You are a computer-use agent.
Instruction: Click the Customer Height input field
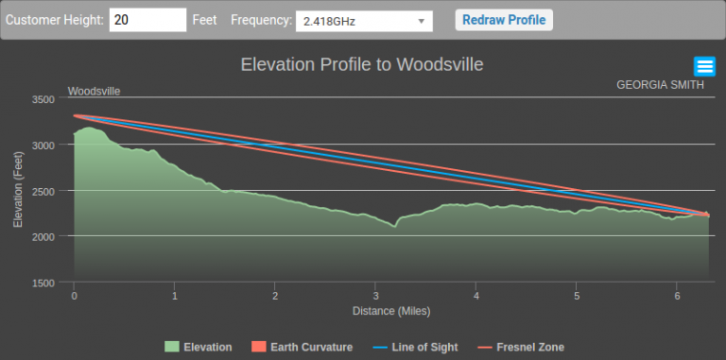pyautogui.click(x=147, y=20)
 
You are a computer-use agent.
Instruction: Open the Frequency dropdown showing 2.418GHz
pyautogui.click(x=364, y=21)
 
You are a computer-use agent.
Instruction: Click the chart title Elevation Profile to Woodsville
pyautogui.click(x=362, y=65)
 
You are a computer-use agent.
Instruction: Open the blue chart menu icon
pyautogui.click(x=704, y=66)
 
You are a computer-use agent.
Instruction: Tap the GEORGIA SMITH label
pyautogui.click(x=660, y=84)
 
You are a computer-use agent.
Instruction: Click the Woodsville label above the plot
pyautogui.click(x=94, y=92)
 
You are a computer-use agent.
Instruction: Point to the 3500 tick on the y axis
pyautogui.click(x=43, y=99)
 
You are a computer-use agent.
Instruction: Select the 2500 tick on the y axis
pyautogui.click(x=43, y=191)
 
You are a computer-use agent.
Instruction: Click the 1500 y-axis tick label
pyautogui.click(x=43, y=283)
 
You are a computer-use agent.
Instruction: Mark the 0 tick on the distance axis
pyautogui.click(x=74, y=296)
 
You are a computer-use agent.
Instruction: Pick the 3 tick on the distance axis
pyautogui.click(x=375, y=296)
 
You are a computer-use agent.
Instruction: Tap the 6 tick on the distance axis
pyautogui.click(x=677, y=296)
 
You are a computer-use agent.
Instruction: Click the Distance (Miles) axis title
pyautogui.click(x=390, y=310)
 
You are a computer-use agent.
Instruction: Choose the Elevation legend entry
pyautogui.click(x=198, y=347)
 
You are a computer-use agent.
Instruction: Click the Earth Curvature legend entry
pyautogui.click(x=303, y=347)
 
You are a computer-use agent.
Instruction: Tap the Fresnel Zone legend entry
pyautogui.click(x=519, y=347)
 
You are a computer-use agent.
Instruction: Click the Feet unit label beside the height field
pyautogui.click(x=204, y=20)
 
